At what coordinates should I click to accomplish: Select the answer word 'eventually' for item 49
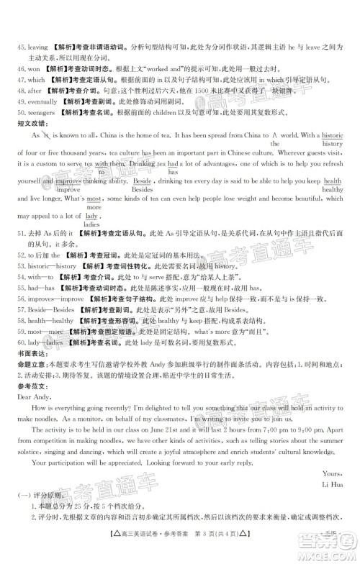click(x=34, y=104)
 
